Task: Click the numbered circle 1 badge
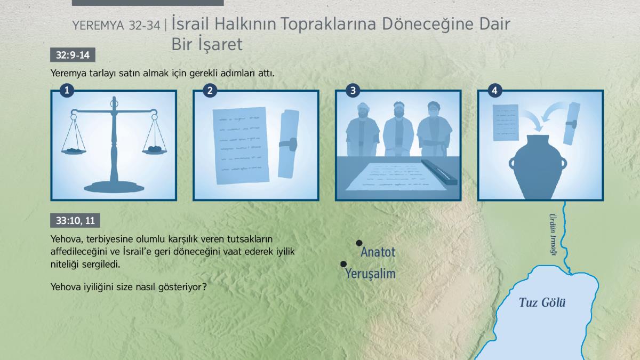pos(67,90)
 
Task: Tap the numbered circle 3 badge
pos(353,90)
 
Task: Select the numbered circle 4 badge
pos(494,90)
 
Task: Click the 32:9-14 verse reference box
pos(73,55)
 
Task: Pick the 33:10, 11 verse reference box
pos(75,220)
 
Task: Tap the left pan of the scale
pos(74,151)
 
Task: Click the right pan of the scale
pos(155,150)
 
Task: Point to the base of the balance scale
pos(114,187)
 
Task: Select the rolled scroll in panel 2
pos(289,144)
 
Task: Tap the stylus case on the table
pos(439,172)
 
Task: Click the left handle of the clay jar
pos(511,163)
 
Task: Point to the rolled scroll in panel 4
pos(571,123)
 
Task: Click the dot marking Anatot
pos(359,243)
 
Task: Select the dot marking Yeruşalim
pos(343,264)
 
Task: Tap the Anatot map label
pos(378,252)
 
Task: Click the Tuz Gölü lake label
pos(542,302)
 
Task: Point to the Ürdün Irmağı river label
pos(553,234)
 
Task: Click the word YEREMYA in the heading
pos(98,26)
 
